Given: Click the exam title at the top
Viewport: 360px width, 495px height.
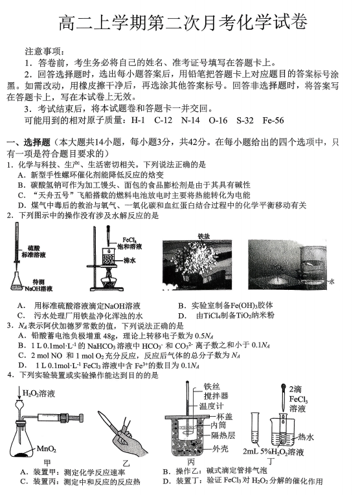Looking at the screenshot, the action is (x=183, y=23).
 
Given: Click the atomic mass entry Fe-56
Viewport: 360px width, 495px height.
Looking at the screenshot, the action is (x=273, y=120).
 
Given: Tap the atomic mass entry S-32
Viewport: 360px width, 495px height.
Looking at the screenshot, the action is (x=245, y=120).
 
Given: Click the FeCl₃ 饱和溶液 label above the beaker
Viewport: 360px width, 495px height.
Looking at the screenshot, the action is (x=131, y=243).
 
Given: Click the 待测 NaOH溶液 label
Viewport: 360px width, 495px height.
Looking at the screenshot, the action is (x=39, y=285).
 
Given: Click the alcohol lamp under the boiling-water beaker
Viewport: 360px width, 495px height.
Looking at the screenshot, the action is (x=109, y=278).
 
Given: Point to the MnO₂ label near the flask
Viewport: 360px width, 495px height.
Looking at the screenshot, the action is (x=47, y=448).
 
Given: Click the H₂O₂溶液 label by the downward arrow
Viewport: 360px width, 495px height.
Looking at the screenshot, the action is (x=39, y=393).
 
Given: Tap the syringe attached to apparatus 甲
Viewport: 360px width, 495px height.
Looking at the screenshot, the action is (x=60, y=417).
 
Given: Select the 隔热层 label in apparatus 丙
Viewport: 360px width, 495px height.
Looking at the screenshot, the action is (x=223, y=435).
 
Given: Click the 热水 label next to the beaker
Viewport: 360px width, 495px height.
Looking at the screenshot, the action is (x=306, y=437).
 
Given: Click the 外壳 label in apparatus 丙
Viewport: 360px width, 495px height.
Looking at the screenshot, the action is (x=219, y=448).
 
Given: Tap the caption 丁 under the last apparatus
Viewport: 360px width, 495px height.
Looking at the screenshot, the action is (x=271, y=462).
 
